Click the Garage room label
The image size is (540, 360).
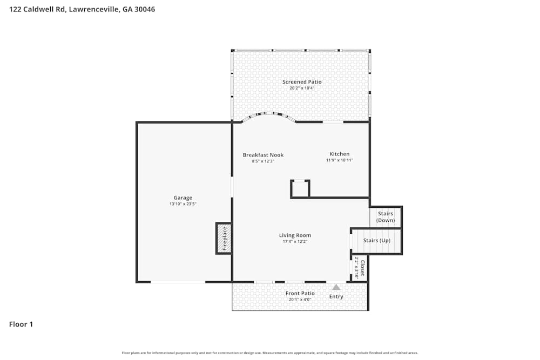pyautogui.click(x=183, y=198)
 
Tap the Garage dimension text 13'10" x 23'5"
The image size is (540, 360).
pyautogui.click(x=183, y=204)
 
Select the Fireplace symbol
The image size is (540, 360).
pyautogui.click(x=224, y=238)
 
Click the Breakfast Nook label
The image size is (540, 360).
pyautogui.click(x=263, y=155)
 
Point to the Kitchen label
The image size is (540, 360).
pyautogui.click(x=339, y=154)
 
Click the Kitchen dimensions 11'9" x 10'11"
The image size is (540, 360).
pyautogui.click(x=339, y=160)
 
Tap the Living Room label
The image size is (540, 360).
pyautogui.click(x=295, y=235)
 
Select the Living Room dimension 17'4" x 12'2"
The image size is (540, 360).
pyautogui.click(x=295, y=242)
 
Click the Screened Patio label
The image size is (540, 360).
pyautogui.click(x=302, y=82)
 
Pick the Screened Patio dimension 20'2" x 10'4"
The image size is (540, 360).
pyautogui.click(x=302, y=88)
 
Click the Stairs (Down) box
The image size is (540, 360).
pyautogui.click(x=386, y=217)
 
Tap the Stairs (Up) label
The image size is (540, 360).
pyautogui.click(x=377, y=240)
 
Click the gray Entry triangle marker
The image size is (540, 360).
pyautogui.click(x=336, y=287)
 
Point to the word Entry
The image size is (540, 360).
pyautogui.click(x=336, y=296)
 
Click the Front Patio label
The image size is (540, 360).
pyautogui.click(x=300, y=293)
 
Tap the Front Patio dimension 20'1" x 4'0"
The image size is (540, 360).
pyautogui.click(x=300, y=300)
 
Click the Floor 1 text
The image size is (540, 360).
pyautogui.click(x=21, y=324)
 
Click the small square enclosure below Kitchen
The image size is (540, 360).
pyautogui.click(x=300, y=189)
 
